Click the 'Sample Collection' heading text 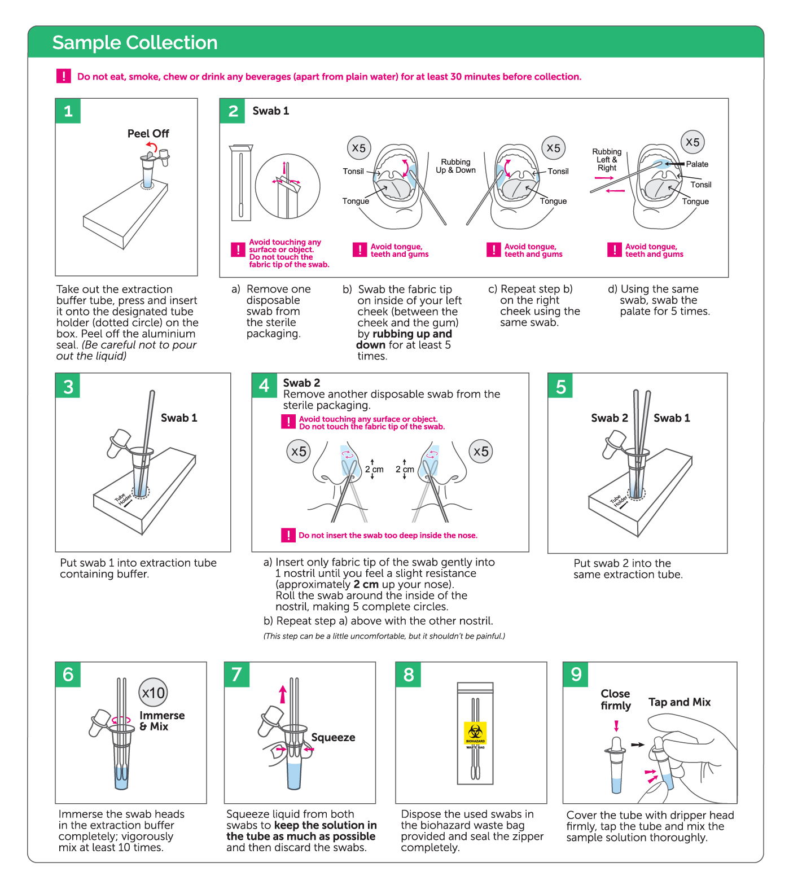point(135,43)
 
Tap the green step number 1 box point(68,111)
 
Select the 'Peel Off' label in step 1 point(148,134)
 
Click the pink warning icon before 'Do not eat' point(64,76)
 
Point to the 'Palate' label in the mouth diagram point(697,164)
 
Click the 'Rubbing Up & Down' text point(455,166)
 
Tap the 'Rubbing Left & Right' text point(607,160)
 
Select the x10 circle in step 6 point(154,693)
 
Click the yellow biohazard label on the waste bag point(475,733)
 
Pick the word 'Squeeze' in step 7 point(333,738)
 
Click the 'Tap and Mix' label point(680,702)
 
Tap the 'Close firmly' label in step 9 point(615,700)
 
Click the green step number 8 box point(409,675)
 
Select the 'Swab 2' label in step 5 point(609,418)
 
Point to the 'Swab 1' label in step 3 point(179,418)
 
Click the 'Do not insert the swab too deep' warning point(388,536)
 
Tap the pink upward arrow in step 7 point(283,694)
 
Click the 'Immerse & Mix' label point(162,721)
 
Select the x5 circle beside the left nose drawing point(299,452)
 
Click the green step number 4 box point(264,386)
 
